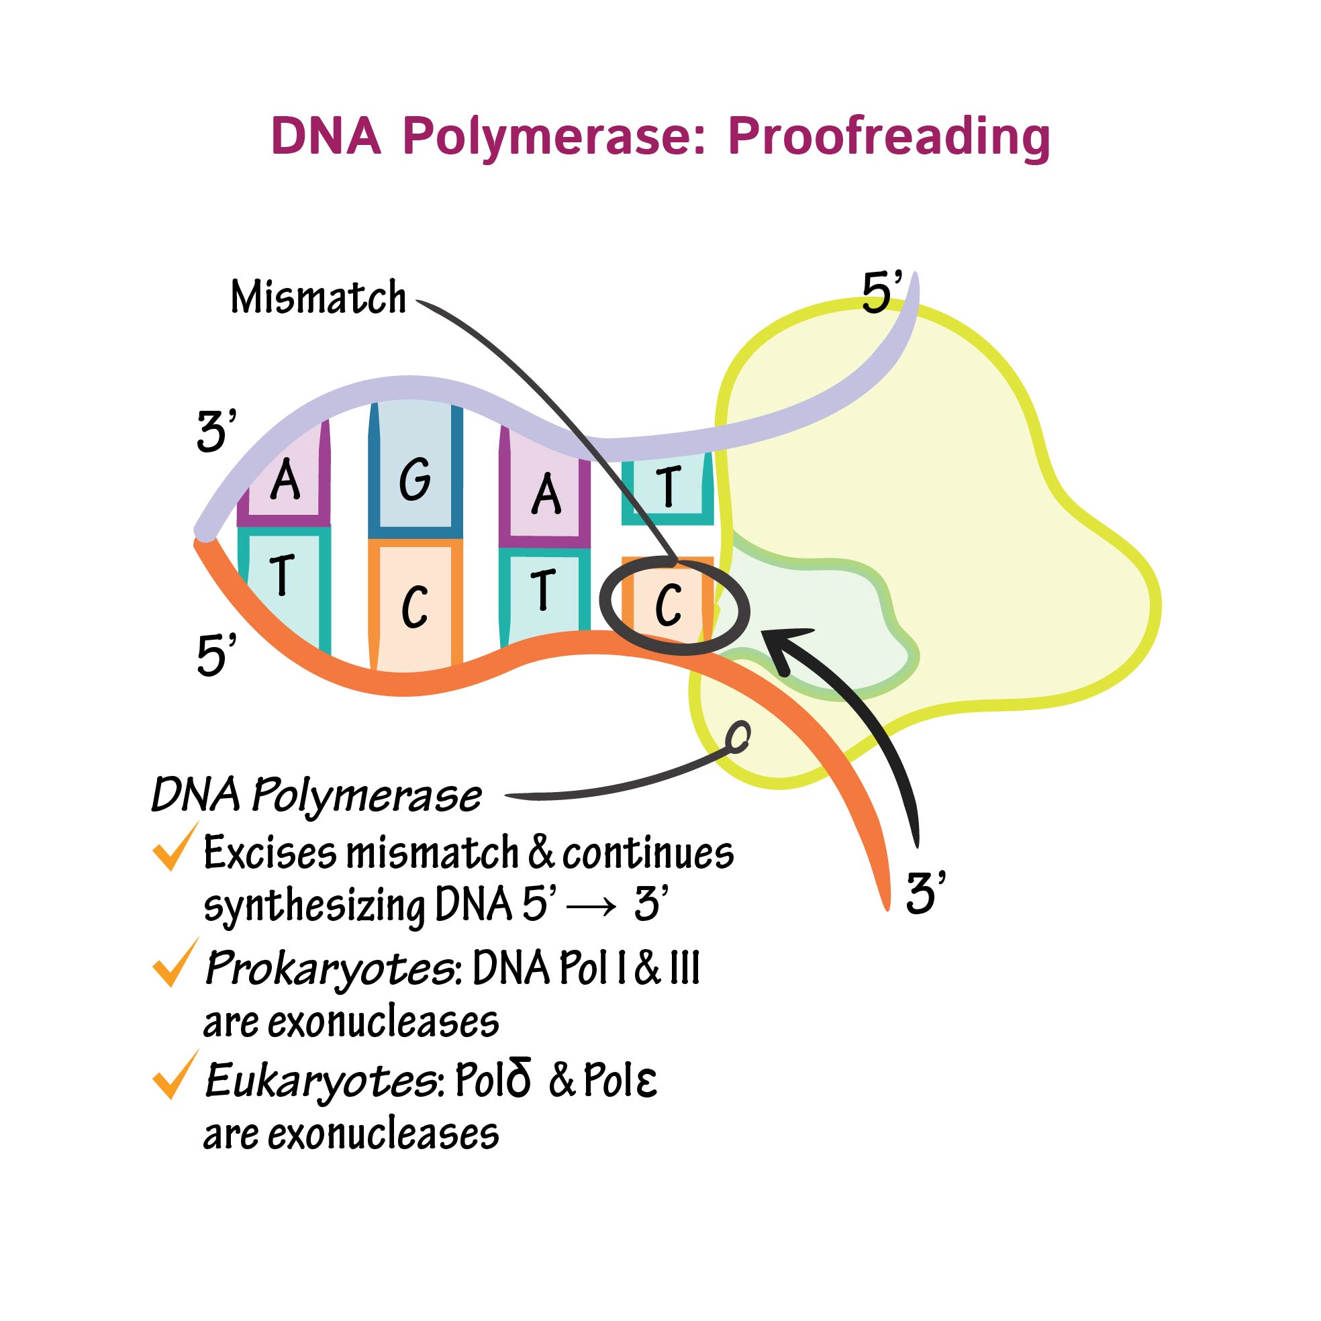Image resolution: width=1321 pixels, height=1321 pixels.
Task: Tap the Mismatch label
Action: tap(319, 298)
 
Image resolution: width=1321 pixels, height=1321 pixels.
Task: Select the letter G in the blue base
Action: tap(415, 479)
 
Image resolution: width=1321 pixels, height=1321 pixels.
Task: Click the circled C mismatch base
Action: tap(668, 604)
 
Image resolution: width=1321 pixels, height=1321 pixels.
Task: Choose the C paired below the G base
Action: tap(414, 607)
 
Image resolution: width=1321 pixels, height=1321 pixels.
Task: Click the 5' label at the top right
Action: tap(882, 293)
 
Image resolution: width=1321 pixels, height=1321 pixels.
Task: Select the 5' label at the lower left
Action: tap(216, 654)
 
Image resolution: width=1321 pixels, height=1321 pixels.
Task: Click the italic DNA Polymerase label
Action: tap(316, 796)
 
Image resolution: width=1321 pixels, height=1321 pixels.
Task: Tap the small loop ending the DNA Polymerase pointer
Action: tap(739, 737)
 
